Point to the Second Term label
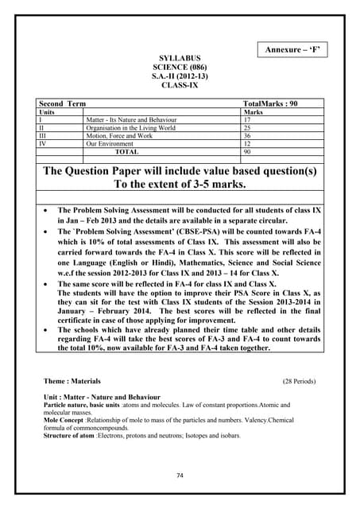[63, 105]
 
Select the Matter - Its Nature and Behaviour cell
[131, 120]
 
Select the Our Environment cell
[110, 143]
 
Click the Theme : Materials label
[73, 381]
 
